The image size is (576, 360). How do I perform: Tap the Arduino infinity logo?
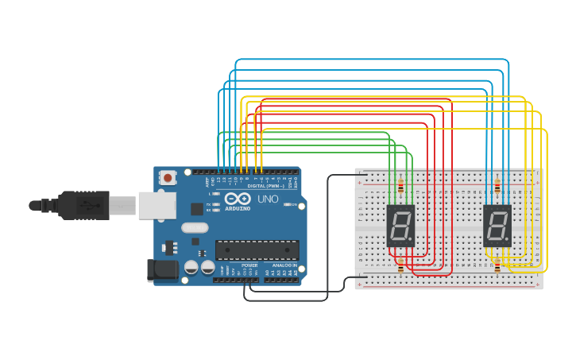tap(236, 199)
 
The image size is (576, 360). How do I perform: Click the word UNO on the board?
tap(268, 199)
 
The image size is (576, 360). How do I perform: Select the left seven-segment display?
tap(400, 226)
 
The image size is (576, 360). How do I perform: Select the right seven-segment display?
tap(497, 226)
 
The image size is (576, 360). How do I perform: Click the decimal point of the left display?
tap(412, 241)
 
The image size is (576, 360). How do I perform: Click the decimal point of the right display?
tap(508, 241)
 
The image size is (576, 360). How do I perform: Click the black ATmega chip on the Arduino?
tap(257, 250)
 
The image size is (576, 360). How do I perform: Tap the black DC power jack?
tap(163, 270)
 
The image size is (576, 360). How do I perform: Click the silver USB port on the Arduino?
tap(157, 205)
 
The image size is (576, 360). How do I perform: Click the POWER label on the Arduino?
tap(249, 265)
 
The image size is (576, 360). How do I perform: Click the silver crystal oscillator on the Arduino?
tap(194, 228)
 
